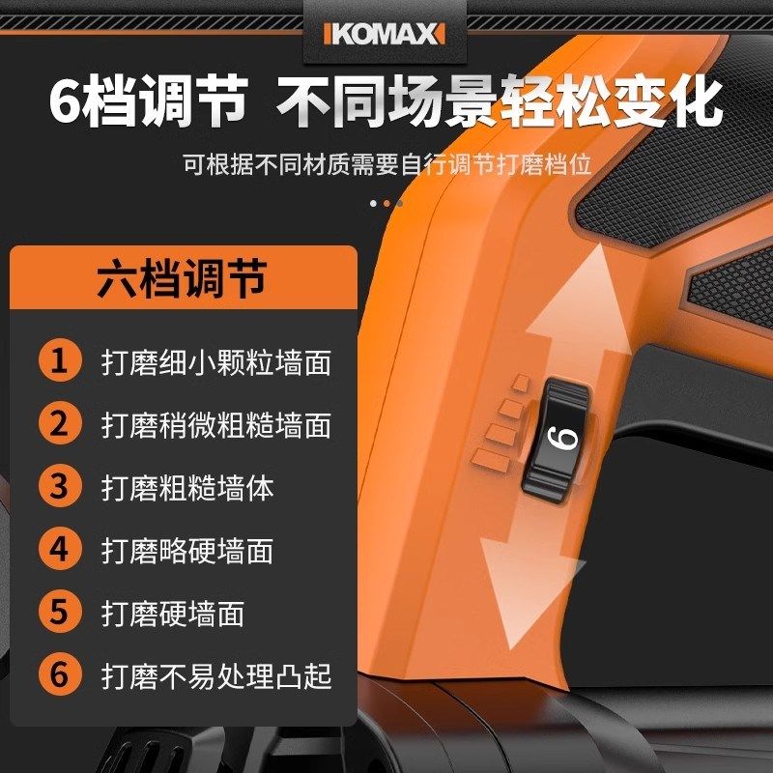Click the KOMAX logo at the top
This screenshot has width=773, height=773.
386,33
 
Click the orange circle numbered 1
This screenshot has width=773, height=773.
60,361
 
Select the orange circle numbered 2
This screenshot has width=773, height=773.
60,424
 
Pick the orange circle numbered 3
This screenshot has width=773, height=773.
60,487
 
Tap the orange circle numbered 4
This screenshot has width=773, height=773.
60,550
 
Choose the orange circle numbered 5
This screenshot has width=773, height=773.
60,613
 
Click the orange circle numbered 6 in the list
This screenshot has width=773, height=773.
60,675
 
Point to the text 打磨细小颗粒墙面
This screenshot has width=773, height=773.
216,362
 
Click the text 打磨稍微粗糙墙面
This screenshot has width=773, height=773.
216,425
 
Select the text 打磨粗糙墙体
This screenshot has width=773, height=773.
187,488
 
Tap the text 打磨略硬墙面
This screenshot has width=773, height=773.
187,551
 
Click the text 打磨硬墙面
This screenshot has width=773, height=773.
173,614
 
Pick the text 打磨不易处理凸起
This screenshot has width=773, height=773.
216,676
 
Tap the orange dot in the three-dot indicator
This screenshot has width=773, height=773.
386,203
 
